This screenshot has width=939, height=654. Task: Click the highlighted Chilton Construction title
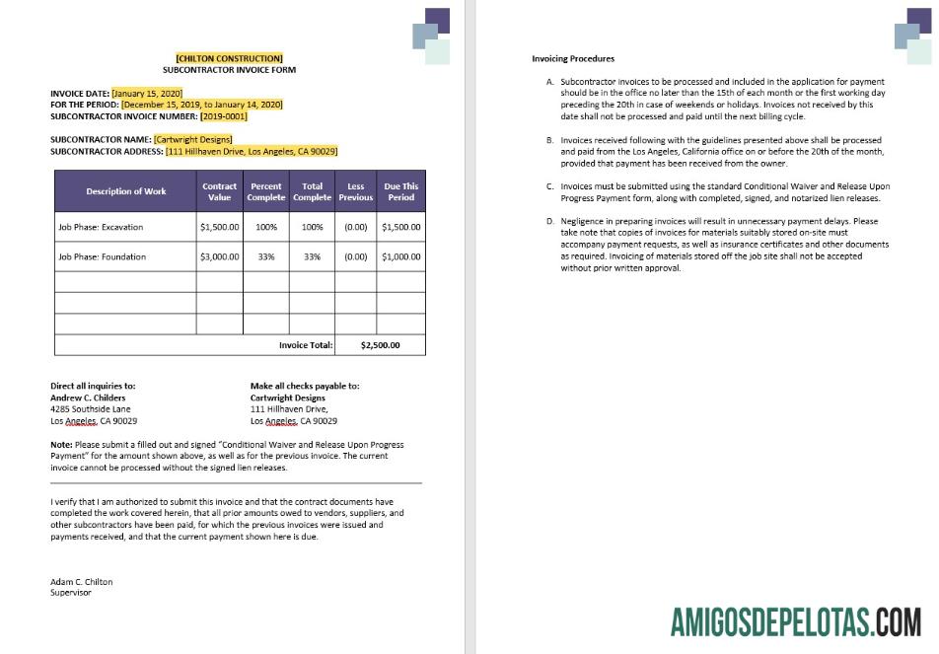pos(229,58)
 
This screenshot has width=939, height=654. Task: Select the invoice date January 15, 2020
pos(147,94)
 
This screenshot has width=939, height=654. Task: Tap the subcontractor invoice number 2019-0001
pos(224,115)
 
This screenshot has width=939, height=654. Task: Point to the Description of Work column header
pos(125,191)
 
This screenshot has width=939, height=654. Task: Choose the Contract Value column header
pos(219,191)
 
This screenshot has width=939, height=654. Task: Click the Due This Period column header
pos(400,191)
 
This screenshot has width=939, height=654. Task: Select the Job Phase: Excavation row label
pos(101,227)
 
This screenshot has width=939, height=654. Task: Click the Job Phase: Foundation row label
pos(102,256)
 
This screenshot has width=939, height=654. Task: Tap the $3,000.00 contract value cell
pos(219,256)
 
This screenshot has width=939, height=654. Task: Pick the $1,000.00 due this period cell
pos(400,256)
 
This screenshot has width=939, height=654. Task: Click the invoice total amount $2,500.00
pos(380,345)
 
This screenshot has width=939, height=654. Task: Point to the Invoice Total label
pos(306,345)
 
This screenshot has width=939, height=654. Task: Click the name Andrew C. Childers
pos(88,398)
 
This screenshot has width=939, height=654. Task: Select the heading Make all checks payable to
pos(305,386)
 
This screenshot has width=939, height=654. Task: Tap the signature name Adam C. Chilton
pos(82,582)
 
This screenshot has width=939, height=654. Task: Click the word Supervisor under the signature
pos(70,593)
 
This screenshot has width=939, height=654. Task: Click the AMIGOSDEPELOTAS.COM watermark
pos(795,622)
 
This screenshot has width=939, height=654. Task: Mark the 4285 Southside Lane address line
pos(90,408)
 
